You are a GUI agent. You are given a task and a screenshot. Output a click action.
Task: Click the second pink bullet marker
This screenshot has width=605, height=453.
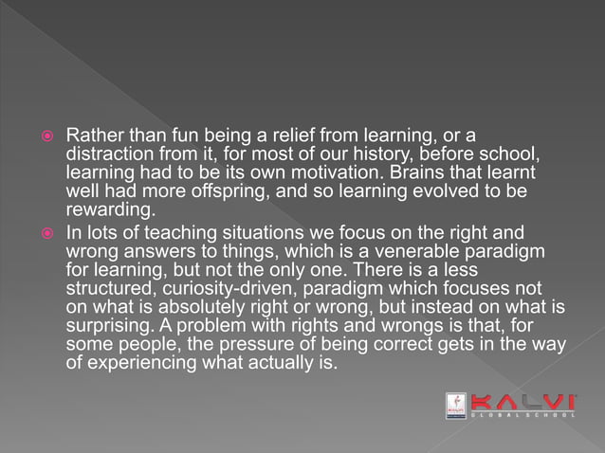coord(47,233)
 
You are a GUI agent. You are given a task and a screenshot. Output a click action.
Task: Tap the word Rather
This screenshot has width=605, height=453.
coord(92,135)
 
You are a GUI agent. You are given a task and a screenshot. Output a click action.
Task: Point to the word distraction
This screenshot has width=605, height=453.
coord(110,153)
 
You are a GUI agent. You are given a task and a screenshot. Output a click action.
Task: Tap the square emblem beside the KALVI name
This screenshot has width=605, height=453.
coord(456,406)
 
